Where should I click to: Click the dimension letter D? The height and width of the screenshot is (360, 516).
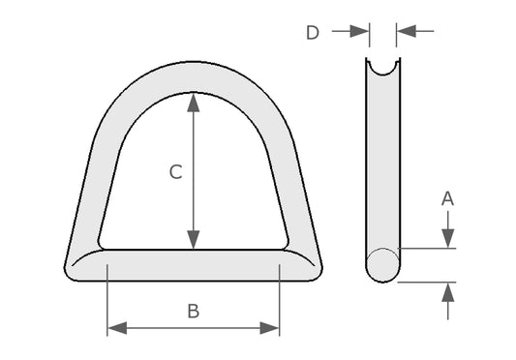point(313,33)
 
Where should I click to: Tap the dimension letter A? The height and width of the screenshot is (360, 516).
point(447,198)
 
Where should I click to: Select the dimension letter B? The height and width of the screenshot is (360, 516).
point(194,311)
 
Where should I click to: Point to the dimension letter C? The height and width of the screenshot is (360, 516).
point(176,171)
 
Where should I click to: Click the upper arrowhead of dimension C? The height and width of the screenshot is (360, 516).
point(194,103)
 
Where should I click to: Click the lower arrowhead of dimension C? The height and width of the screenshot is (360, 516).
point(194,240)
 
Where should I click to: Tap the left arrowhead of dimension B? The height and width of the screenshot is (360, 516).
point(117,328)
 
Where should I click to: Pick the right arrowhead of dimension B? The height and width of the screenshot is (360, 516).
point(269,328)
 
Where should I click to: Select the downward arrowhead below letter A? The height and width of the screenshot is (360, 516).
point(448,238)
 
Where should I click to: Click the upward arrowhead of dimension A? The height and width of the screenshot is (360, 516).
point(448,292)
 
